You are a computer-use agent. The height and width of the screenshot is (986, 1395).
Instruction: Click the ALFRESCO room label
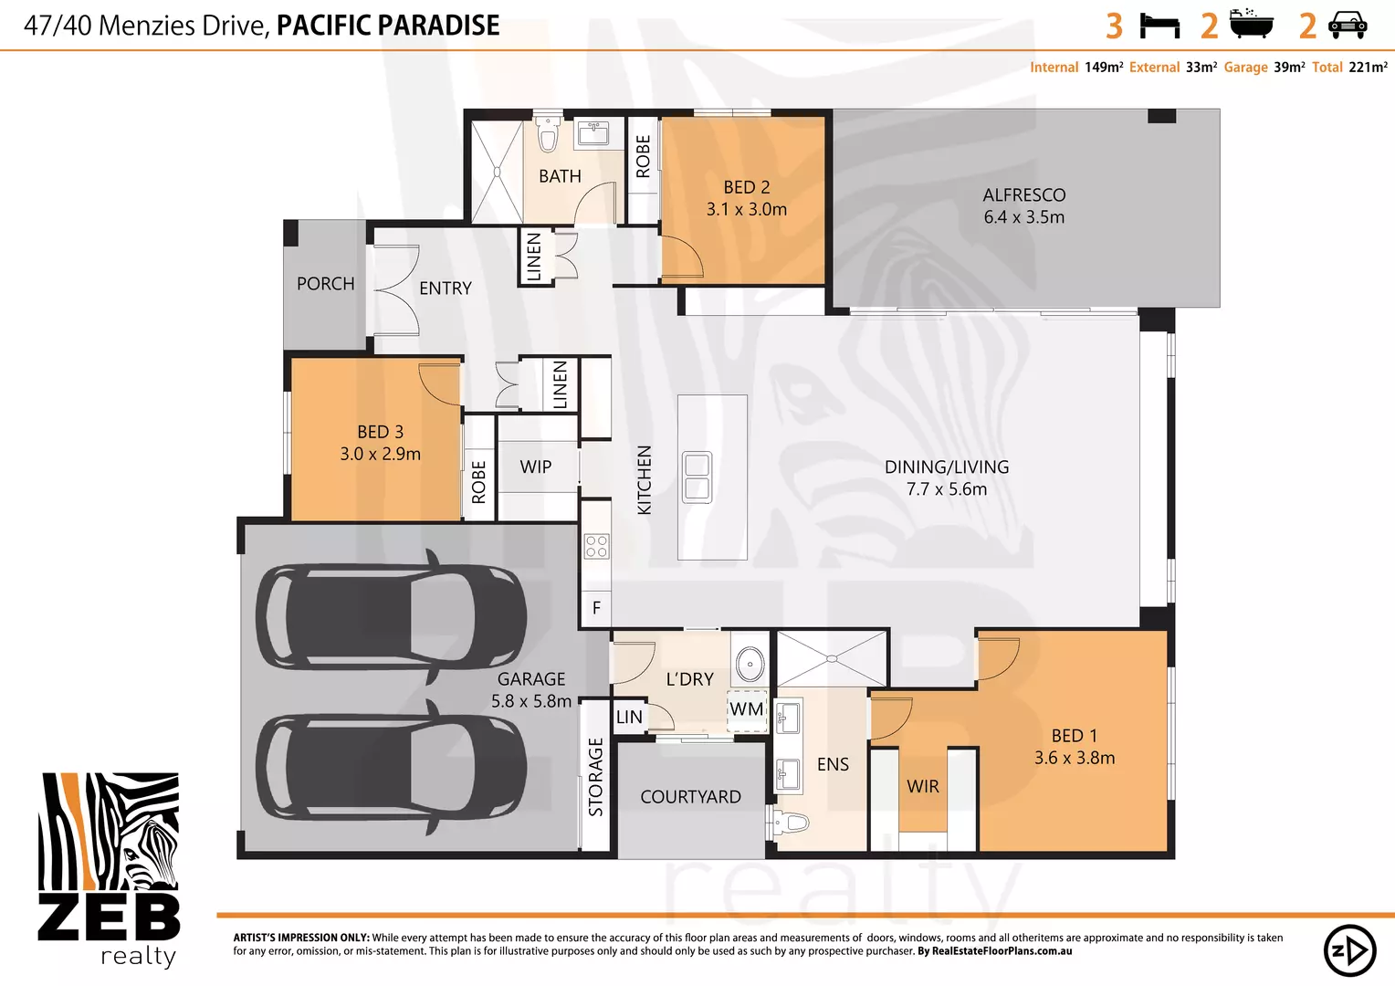pos(1023,195)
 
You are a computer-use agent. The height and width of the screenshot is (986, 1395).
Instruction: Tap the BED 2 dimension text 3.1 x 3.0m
pos(746,210)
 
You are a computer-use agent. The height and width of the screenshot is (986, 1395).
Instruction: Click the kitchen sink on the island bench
pos(697,477)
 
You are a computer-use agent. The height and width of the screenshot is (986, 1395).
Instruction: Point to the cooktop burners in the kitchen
pos(596,546)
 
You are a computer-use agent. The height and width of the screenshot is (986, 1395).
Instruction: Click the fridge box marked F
pos(596,608)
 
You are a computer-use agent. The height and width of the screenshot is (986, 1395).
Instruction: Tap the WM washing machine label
pos(746,709)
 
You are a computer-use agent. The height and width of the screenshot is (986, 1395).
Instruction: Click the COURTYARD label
pos(690,797)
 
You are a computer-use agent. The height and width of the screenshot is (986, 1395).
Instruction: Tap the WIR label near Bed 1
pos(922,786)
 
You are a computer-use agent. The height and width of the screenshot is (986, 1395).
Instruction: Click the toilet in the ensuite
pos(790,823)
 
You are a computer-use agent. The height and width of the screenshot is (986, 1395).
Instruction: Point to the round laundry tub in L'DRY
pos(750,664)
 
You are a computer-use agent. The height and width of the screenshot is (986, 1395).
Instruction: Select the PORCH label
pos(325,284)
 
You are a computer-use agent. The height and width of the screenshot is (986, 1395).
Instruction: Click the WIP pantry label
pos(535,467)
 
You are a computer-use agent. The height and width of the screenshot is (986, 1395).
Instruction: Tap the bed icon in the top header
pos(1159,26)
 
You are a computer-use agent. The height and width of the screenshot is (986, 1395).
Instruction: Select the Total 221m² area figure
pos(1349,68)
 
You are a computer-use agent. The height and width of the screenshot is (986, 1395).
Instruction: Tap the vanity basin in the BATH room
pos(593,133)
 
